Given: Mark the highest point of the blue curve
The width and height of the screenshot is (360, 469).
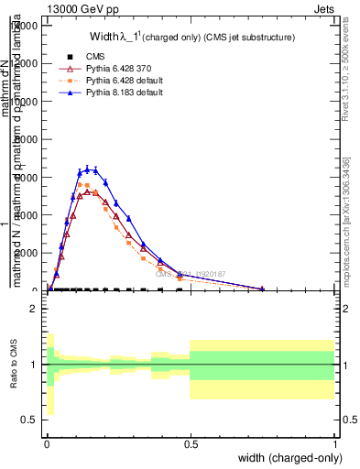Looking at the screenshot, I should pyautogui.click(x=89, y=169).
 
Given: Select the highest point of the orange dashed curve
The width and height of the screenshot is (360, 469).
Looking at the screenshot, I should pyautogui.click(x=82, y=184).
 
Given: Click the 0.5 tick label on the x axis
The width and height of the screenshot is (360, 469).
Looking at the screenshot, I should pyautogui.click(x=191, y=442).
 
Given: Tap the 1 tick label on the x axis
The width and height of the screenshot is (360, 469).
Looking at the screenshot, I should pyautogui.click(x=334, y=442).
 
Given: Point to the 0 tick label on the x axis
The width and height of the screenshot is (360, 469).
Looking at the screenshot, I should pyautogui.click(x=47, y=442).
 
